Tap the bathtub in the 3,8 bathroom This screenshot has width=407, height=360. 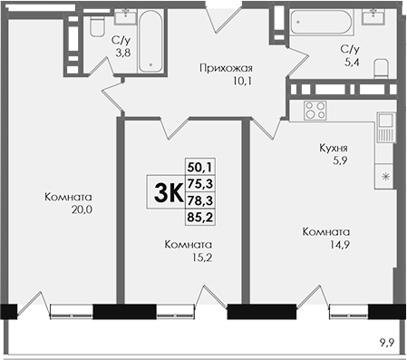150,41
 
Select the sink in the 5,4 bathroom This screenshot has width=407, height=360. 373,16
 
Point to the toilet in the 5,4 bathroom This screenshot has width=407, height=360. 381,69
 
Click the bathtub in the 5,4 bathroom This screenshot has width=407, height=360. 321,22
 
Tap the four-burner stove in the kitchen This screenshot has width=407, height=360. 315,110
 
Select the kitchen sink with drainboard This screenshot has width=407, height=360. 385,127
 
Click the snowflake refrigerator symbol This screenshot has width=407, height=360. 385,177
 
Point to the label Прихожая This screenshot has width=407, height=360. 226,69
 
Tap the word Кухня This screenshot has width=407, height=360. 334,148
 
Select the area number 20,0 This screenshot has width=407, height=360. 82,209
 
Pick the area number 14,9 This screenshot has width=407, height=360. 340,244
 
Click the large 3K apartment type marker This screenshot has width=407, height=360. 169,193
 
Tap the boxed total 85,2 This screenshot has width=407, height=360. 200,217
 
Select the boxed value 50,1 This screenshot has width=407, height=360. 200,167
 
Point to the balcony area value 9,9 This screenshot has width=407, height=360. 387,343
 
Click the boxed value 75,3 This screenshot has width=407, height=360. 200,183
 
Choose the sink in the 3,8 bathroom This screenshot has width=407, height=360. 127,16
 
